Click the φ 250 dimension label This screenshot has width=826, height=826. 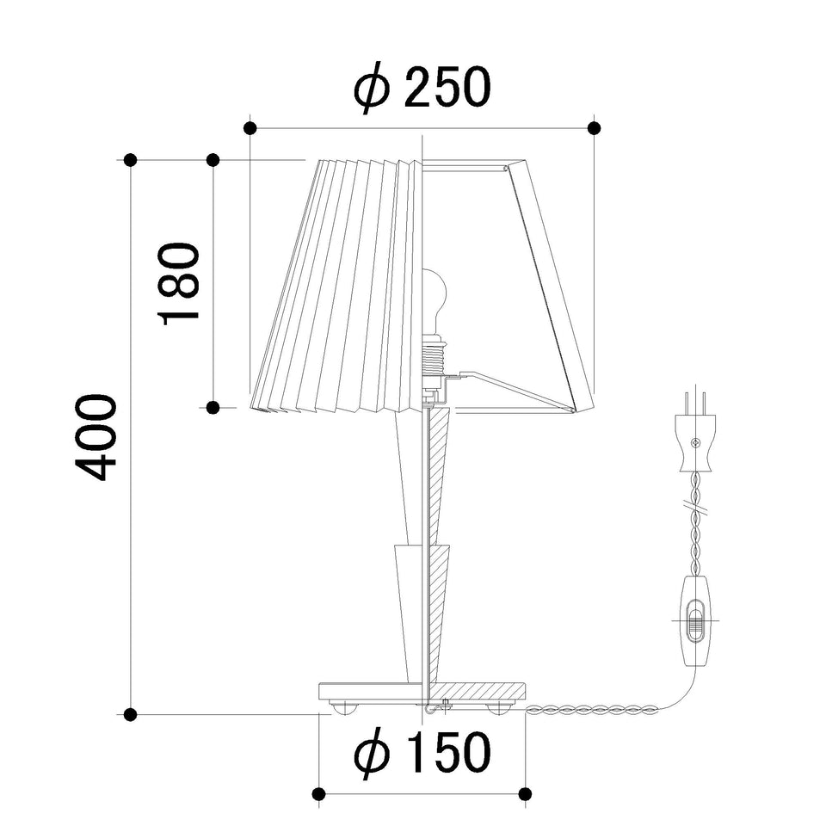422,88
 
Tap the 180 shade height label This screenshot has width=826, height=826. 179,284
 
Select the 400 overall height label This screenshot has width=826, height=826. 96,437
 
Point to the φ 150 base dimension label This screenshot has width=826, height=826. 422,752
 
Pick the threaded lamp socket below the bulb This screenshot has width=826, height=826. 435,358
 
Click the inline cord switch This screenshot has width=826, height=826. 696,620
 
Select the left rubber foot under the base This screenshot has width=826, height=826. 343,707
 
